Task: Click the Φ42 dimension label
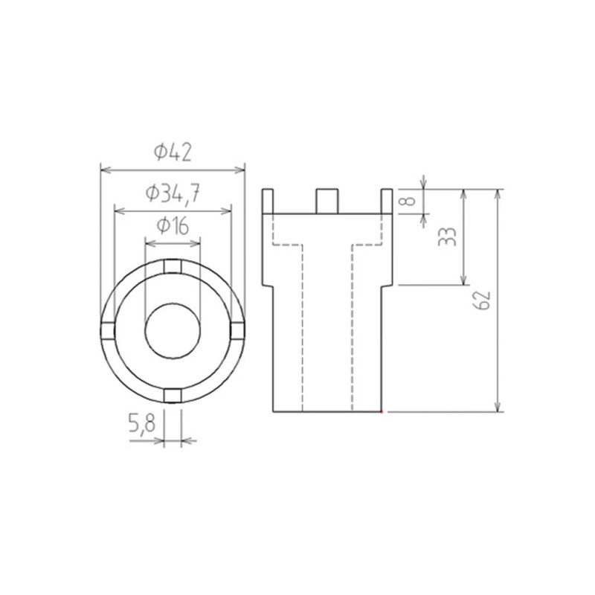point(173,152)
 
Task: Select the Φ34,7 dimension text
point(173,193)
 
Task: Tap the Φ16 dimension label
point(173,227)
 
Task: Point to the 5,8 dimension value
point(142,423)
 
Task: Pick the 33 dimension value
point(448,237)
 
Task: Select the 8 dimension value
point(408,201)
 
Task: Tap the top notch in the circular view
point(173,266)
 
